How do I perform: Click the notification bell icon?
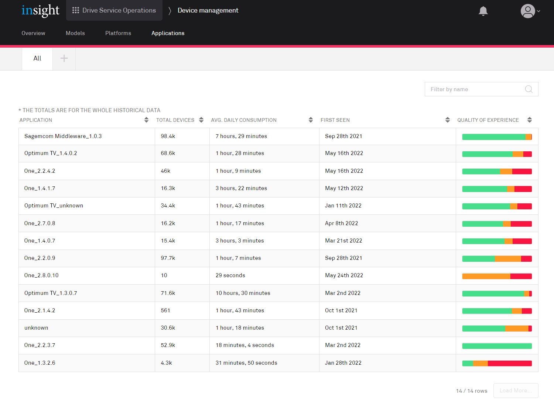[x=483, y=11]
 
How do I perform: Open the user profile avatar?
[x=528, y=11]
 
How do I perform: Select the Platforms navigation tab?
[x=118, y=33]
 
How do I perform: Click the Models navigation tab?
[x=75, y=33]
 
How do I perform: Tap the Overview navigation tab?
[x=33, y=33]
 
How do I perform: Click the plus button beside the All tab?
[x=64, y=58]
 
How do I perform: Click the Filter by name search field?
[x=475, y=89]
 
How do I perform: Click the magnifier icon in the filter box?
[x=529, y=89]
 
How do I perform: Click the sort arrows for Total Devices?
[x=201, y=120]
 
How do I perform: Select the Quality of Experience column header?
[x=488, y=120]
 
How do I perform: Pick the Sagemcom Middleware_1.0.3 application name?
[x=63, y=136]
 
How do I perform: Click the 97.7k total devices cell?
[x=168, y=258]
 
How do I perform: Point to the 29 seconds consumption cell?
[x=230, y=275]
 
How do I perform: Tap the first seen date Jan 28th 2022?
[x=343, y=363]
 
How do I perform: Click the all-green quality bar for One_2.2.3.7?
[x=497, y=346]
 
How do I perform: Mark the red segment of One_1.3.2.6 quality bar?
[x=510, y=363]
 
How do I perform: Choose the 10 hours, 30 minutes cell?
[x=243, y=293]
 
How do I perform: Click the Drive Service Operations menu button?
[x=114, y=10]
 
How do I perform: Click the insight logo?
[x=40, y=10]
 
